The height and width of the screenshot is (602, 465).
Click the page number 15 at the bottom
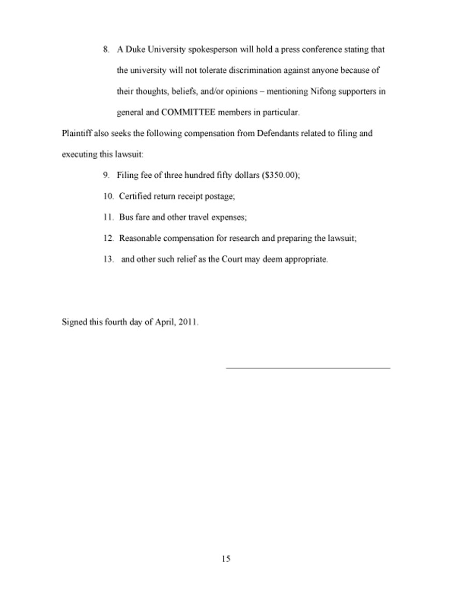point(226,559)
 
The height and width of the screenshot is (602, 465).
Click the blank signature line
point(308,367)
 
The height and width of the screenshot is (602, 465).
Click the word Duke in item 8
point(135,50)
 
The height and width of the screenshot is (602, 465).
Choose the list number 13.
point(108,259)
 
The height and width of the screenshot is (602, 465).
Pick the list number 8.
point(106,50)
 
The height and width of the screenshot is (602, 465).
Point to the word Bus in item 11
point(126,218)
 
